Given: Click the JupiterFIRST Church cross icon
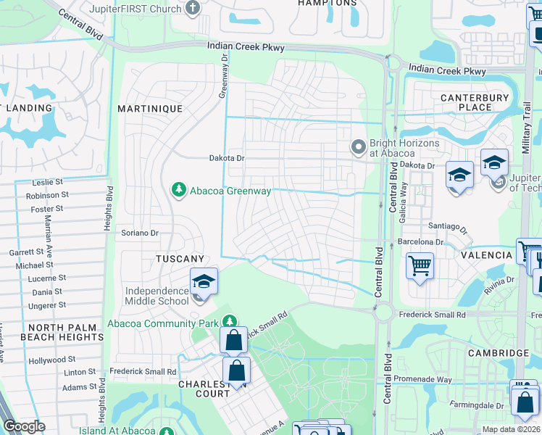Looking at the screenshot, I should [192, 8].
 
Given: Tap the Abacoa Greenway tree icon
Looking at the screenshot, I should [178, 191].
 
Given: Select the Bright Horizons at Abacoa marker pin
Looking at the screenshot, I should [357, 148].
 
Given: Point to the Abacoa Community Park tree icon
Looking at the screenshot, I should [230, 321].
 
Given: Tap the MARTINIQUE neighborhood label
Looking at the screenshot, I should [150, 108].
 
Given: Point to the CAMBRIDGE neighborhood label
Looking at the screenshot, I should [499, 353].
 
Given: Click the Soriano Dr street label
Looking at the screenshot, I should [139, 233].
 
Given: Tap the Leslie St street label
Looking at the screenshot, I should [49, 182].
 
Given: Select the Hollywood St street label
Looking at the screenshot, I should [51, 360].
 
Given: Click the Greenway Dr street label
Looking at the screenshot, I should [225, 77].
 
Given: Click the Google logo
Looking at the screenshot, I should [24, 426].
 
